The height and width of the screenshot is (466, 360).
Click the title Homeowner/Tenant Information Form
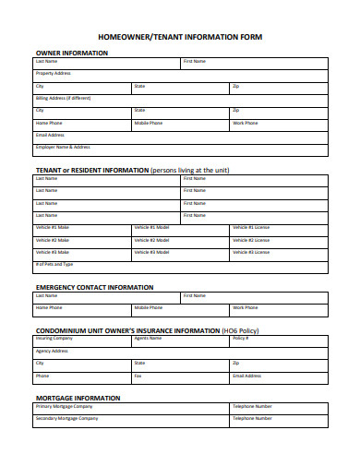point(180,37)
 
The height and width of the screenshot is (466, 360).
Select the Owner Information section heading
point(72,53)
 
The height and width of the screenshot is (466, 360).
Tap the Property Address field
point(180,75)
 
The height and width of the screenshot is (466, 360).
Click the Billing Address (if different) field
point(180,99)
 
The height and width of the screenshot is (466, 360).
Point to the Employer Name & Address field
point(180,149)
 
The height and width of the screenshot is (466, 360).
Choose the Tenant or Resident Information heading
point(90,170)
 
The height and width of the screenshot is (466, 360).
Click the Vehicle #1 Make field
point(81,228)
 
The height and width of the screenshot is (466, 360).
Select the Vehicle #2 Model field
point(180,240)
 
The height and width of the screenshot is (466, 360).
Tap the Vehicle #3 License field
point(278,252)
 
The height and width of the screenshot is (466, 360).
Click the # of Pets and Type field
point(180,265)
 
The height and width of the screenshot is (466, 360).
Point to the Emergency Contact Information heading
point(94,287)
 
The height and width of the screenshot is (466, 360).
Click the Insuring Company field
point(81,341)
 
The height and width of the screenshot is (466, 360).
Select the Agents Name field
point(180,341)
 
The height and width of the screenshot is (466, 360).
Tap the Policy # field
point(278,341)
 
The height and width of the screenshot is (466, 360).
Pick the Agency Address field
point(180,352)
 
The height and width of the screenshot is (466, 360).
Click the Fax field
point(180,377)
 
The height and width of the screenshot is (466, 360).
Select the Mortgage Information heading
point(78,398)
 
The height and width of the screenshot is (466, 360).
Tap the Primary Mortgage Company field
point(130,407)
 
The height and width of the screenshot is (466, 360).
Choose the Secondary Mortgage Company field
point(130,420)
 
